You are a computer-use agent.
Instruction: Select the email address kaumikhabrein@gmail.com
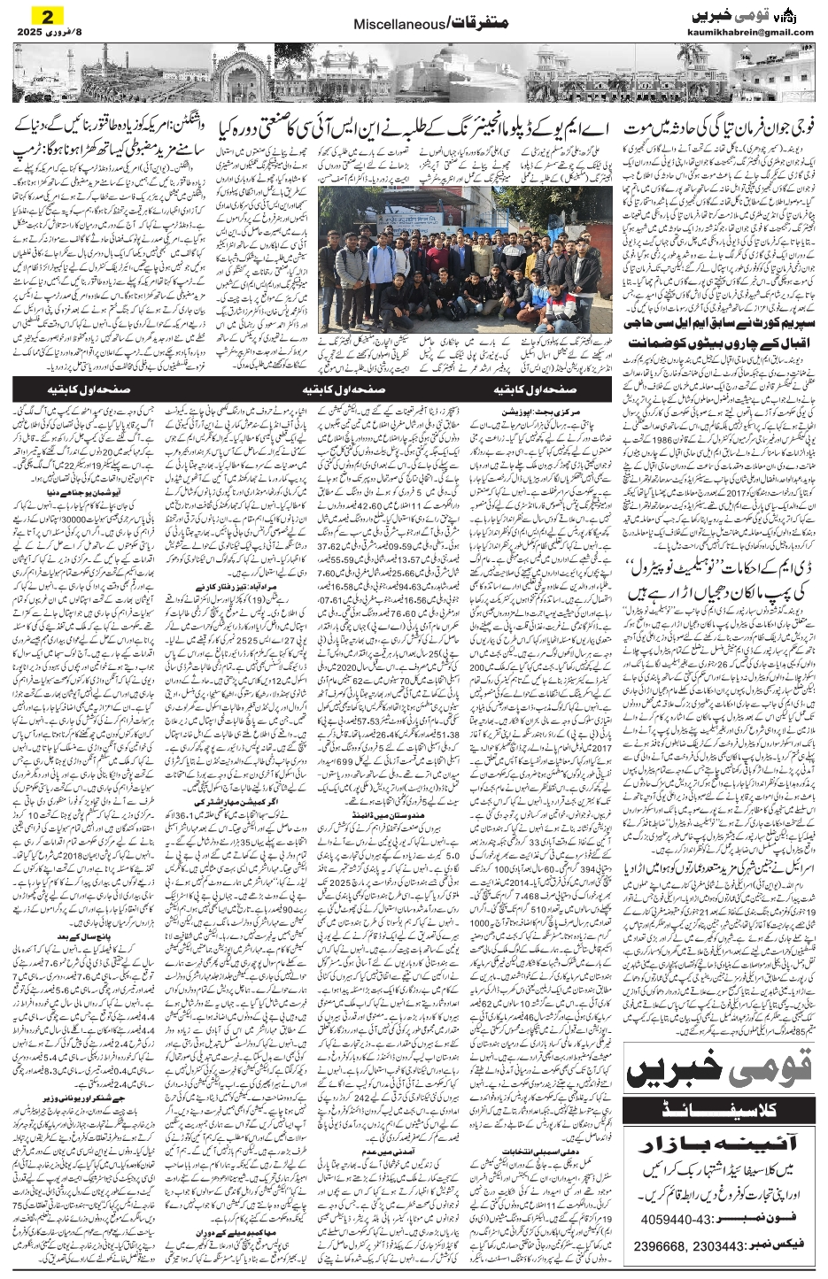click(750, 33)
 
